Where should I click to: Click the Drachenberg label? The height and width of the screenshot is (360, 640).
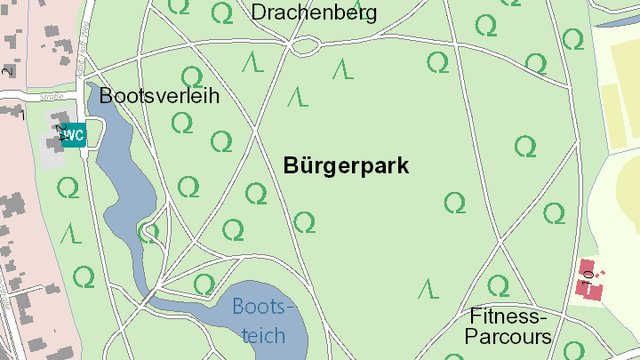tap(314, 12)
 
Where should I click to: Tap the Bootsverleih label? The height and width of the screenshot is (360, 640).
tap(159, 95)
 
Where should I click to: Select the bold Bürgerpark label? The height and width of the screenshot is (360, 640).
tap(346, 165)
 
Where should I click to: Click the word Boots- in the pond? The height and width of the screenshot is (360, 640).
tap(263, 308)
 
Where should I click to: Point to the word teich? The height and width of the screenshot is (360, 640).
tap(264, 335)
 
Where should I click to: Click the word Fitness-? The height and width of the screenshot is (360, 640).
tap(508, 316)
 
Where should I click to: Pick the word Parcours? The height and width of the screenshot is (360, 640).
tap(508, 337)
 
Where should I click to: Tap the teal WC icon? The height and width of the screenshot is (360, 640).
tap(74, 135)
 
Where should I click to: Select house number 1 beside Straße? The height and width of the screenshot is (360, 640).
tap(22, 114)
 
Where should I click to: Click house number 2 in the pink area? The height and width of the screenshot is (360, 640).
tap(7, 71)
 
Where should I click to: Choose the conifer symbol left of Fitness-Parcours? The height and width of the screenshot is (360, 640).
tap(428, 288)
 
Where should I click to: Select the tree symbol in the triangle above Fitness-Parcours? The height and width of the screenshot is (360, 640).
tap(498, 284)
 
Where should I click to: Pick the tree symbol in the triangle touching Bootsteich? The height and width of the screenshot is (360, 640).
tap(204, 284)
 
